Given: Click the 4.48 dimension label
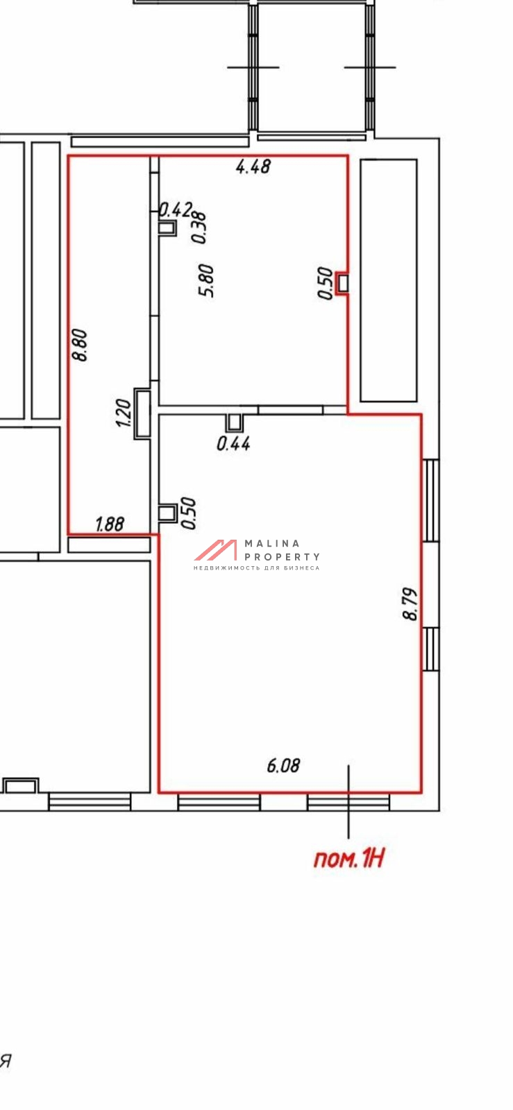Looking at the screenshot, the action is [253, 166].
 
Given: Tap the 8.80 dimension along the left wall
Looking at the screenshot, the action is [80, 345].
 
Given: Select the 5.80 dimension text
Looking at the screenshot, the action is [205, 280].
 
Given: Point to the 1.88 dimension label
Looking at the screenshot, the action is [110, 524].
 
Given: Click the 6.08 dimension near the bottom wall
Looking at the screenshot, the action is [283, 766].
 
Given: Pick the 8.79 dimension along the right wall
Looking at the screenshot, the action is [411, 604].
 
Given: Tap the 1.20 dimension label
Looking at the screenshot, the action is [123, 413].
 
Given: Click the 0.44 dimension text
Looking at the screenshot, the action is [233, 443].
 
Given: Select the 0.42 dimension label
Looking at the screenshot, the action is [176, 210].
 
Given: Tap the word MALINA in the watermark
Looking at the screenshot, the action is [273, 544].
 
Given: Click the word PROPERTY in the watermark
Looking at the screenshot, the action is [283, 557].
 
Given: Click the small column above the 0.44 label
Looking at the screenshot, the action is [235, 422].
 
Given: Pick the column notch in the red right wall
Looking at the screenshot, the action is [342, 284].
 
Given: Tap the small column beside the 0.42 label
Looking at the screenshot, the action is [167, 228].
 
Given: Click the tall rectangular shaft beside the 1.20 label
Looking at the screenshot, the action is [142, 413].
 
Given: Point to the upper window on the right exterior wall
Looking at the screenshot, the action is [430, 500].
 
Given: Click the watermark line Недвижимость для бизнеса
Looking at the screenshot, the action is [257, 568].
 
